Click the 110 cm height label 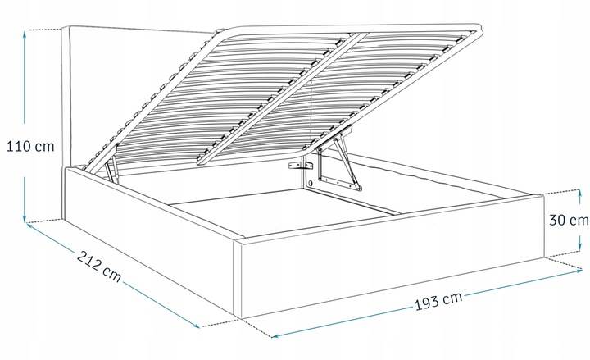30,146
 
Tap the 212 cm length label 99,267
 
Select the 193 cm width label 438,300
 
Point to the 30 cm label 569,220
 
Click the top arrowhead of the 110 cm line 25,33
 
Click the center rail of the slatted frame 283,98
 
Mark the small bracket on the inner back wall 301,166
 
